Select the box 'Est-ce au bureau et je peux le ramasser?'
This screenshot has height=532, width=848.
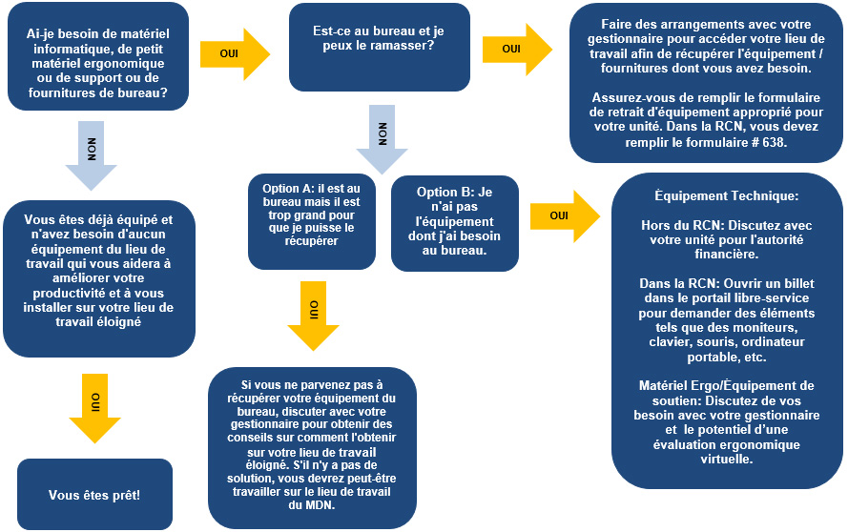tap(379, 39)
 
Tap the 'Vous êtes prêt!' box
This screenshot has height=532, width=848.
tap(93, 495)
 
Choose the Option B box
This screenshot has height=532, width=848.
tap(452, 222)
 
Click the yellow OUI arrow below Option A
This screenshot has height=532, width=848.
tap(314, 315)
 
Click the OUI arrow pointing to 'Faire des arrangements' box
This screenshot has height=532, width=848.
tap(516, 49)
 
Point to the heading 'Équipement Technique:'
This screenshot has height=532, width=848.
tap(726, 195)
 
